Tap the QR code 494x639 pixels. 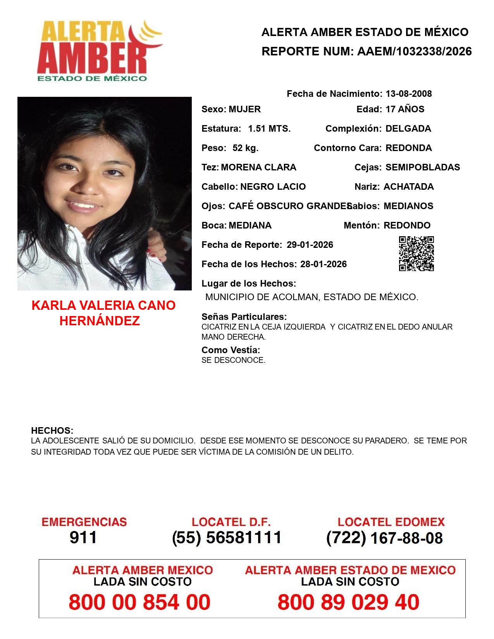point(416,254)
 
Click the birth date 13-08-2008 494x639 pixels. point(408,94)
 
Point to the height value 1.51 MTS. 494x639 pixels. point(269,129)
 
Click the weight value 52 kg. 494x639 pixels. point(245,148)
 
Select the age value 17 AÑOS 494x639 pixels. point(405,109)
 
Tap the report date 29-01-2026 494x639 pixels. point(310,245)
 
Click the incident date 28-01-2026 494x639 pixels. point(324,264)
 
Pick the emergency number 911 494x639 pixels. point(83,538)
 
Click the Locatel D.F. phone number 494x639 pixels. point(227,538)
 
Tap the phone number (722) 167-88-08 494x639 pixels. point(384,538)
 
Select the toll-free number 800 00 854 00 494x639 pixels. point(139,602)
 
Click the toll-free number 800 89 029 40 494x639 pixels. point(348,602)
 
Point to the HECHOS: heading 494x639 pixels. point(52,431)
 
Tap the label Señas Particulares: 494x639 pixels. point(244,317)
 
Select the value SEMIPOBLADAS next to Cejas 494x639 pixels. point(423,167)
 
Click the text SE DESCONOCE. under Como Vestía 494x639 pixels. point(233,360)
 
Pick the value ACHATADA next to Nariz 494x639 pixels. point(408,187)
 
